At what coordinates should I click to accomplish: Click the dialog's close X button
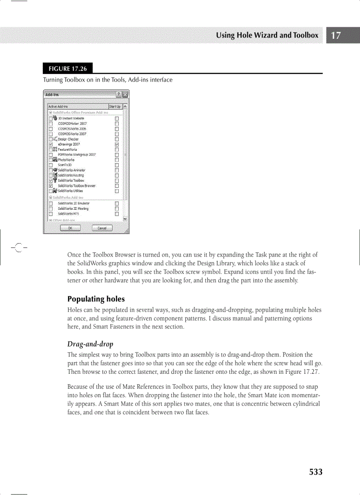(125, 94)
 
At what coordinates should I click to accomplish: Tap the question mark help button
(118, 94)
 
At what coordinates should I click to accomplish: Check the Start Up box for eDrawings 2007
(117, 144)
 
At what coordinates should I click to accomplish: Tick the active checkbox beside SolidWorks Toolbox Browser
(51, 186)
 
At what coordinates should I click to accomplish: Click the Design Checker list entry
(68, 139)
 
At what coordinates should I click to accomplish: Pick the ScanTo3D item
(65, 165)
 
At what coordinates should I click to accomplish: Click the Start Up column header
(115, 107)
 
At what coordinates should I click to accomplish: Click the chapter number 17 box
(336, 35)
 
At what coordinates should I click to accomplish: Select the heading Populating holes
(96, 299)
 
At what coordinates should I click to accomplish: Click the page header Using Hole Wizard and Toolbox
(267, 35)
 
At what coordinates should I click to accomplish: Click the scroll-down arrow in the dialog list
(125, 218)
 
